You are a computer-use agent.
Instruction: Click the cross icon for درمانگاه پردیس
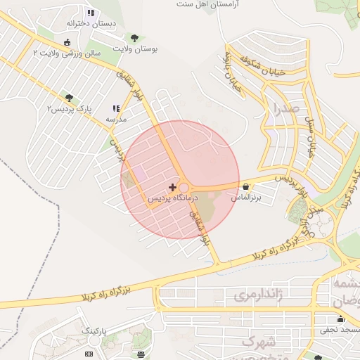click(173, 187)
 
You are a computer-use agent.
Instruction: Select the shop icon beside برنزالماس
click(245, 187)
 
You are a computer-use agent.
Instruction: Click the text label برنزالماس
click(246, 199)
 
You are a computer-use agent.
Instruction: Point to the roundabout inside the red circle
click(184, 188)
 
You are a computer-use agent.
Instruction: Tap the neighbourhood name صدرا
click(285, 108)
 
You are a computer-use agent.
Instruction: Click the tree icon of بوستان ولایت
click(134, 38)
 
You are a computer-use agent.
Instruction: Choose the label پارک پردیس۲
click(70, 109)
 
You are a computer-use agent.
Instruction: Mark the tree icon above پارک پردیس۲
click(68, 98)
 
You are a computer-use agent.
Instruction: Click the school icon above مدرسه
click(116, 108)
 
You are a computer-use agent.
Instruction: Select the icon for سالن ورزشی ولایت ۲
click(66, 42)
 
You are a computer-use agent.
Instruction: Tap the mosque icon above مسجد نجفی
click(340, 319)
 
